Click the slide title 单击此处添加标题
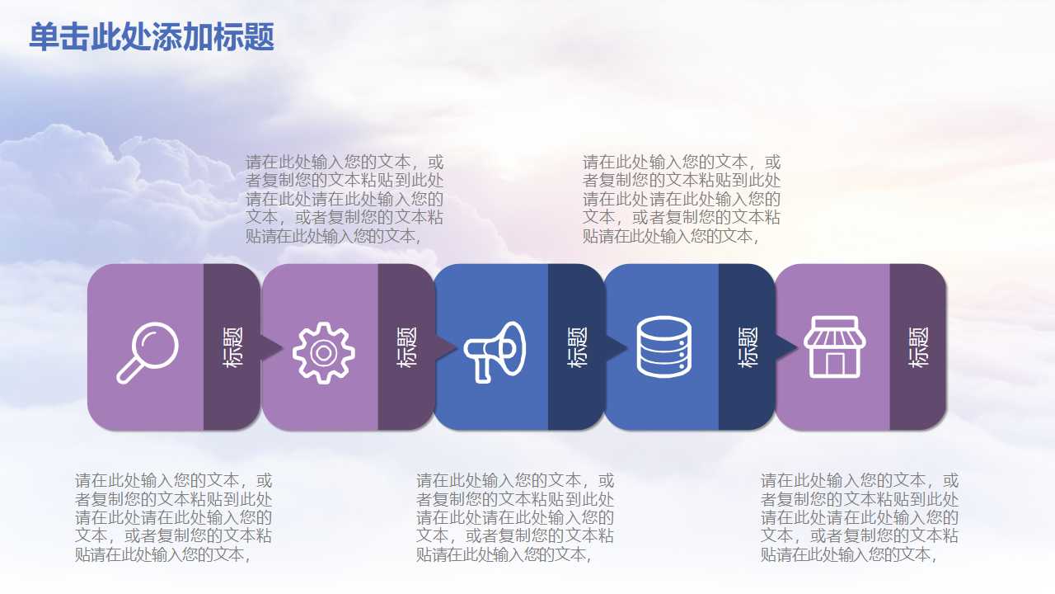coord(152,37)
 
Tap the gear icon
coord(323,352)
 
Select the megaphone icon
coord(495,351)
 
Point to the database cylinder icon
coord(663,347)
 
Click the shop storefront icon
coord(834,346)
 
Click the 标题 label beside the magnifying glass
coord(232,346)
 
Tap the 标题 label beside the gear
coord(406,346)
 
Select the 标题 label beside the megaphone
coord(577,346)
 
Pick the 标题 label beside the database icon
coord(748,346)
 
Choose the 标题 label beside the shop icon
coord(918,346)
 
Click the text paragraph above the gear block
coord(345,199)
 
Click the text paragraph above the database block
coord(682,199)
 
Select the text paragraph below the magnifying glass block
coord(173,517)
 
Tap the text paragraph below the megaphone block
coord(515,517)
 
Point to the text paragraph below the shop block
coord(859,517)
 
